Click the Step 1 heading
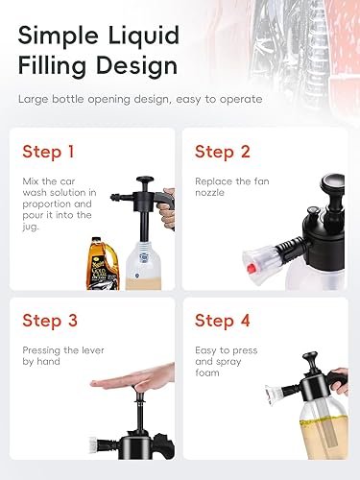pos(48,152)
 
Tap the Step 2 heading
pos(223,152)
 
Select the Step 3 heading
pos(50,321)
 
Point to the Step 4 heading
pos(223,321)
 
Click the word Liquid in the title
pos(144,36)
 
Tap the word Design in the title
pos(136,66)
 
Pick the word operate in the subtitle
pos(241,100)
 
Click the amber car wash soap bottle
pos(103,264)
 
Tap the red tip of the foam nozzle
pos(252,267)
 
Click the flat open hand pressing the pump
pos(132,380)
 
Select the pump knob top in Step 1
pos(145,180)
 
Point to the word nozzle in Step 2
pos(209,193)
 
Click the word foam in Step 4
pos(207,372)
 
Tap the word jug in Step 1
pos(30,227)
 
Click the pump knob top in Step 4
pos(310,356)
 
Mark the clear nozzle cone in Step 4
pos(274,394)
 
